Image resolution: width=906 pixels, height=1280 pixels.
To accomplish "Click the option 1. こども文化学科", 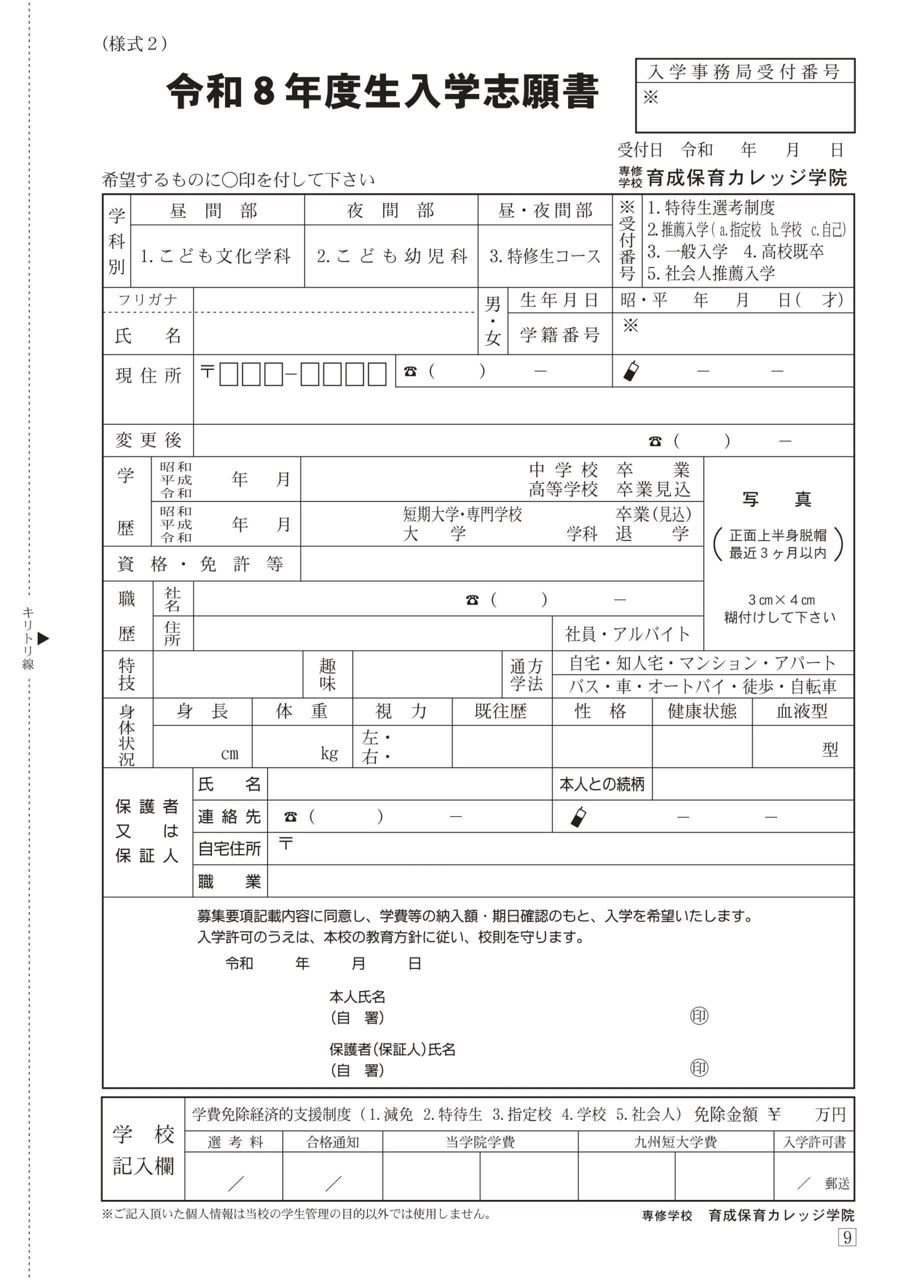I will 215,256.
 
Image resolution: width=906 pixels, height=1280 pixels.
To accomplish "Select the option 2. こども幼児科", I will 391,256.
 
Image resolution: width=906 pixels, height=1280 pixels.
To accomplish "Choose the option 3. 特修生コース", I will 544,256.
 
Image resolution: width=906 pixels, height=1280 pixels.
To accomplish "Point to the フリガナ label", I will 148,300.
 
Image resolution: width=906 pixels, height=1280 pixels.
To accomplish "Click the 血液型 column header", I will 801,711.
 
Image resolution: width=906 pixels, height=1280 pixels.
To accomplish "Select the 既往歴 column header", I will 500,711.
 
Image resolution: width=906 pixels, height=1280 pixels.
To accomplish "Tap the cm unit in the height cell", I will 229,754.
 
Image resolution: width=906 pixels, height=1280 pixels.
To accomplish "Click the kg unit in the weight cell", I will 329,753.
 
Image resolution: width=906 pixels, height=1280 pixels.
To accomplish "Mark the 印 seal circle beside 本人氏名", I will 699,1015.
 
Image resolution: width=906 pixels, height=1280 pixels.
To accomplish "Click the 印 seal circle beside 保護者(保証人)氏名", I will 699,1068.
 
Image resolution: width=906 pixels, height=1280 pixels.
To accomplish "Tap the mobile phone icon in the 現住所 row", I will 631,371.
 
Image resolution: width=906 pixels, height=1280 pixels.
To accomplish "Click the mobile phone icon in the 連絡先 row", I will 578,817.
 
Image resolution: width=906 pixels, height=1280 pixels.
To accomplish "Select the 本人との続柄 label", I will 602,784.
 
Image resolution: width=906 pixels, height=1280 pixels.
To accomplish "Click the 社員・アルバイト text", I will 627,633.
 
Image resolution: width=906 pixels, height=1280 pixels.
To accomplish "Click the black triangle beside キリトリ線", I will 43,638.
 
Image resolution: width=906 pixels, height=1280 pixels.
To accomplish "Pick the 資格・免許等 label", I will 200,564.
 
